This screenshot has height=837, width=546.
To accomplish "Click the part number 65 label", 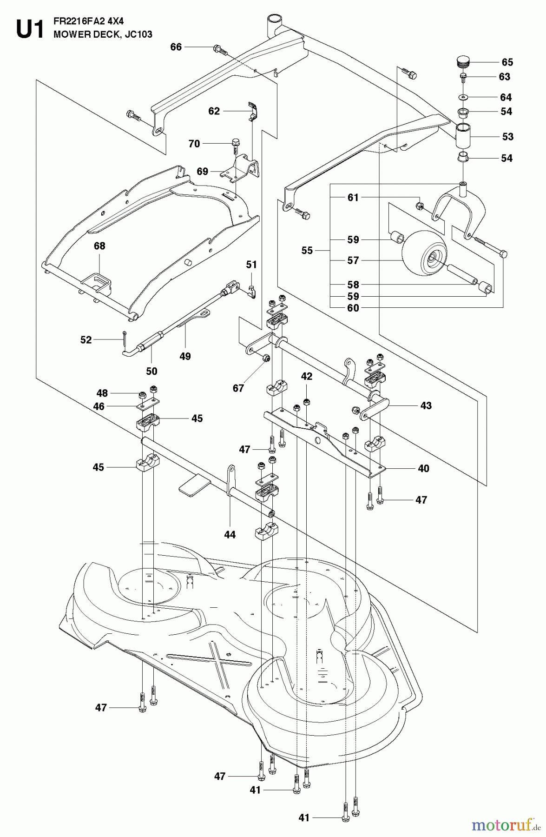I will (x=507, y=62).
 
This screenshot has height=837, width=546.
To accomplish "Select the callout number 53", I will (x=508, y=137).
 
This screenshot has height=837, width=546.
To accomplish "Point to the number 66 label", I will (x=176, y=47).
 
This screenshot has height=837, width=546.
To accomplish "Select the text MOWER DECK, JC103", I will (x=103, y=34).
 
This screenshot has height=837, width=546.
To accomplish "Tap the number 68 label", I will (x=100, y=246).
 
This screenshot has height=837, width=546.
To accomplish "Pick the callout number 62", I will (x=214, y=111).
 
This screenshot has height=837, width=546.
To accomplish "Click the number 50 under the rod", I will (x=151, y=371).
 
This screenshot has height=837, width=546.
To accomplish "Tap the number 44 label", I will (x=230, y=535).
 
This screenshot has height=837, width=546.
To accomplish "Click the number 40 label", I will (x=423, y=468).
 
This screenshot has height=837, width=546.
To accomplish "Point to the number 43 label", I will (x=426, y=405).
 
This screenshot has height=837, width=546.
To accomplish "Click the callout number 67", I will (x=238, y=388).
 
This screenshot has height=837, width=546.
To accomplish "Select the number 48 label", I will (x=102, y=393).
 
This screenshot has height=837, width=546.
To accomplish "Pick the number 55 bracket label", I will (x=307, y=251).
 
